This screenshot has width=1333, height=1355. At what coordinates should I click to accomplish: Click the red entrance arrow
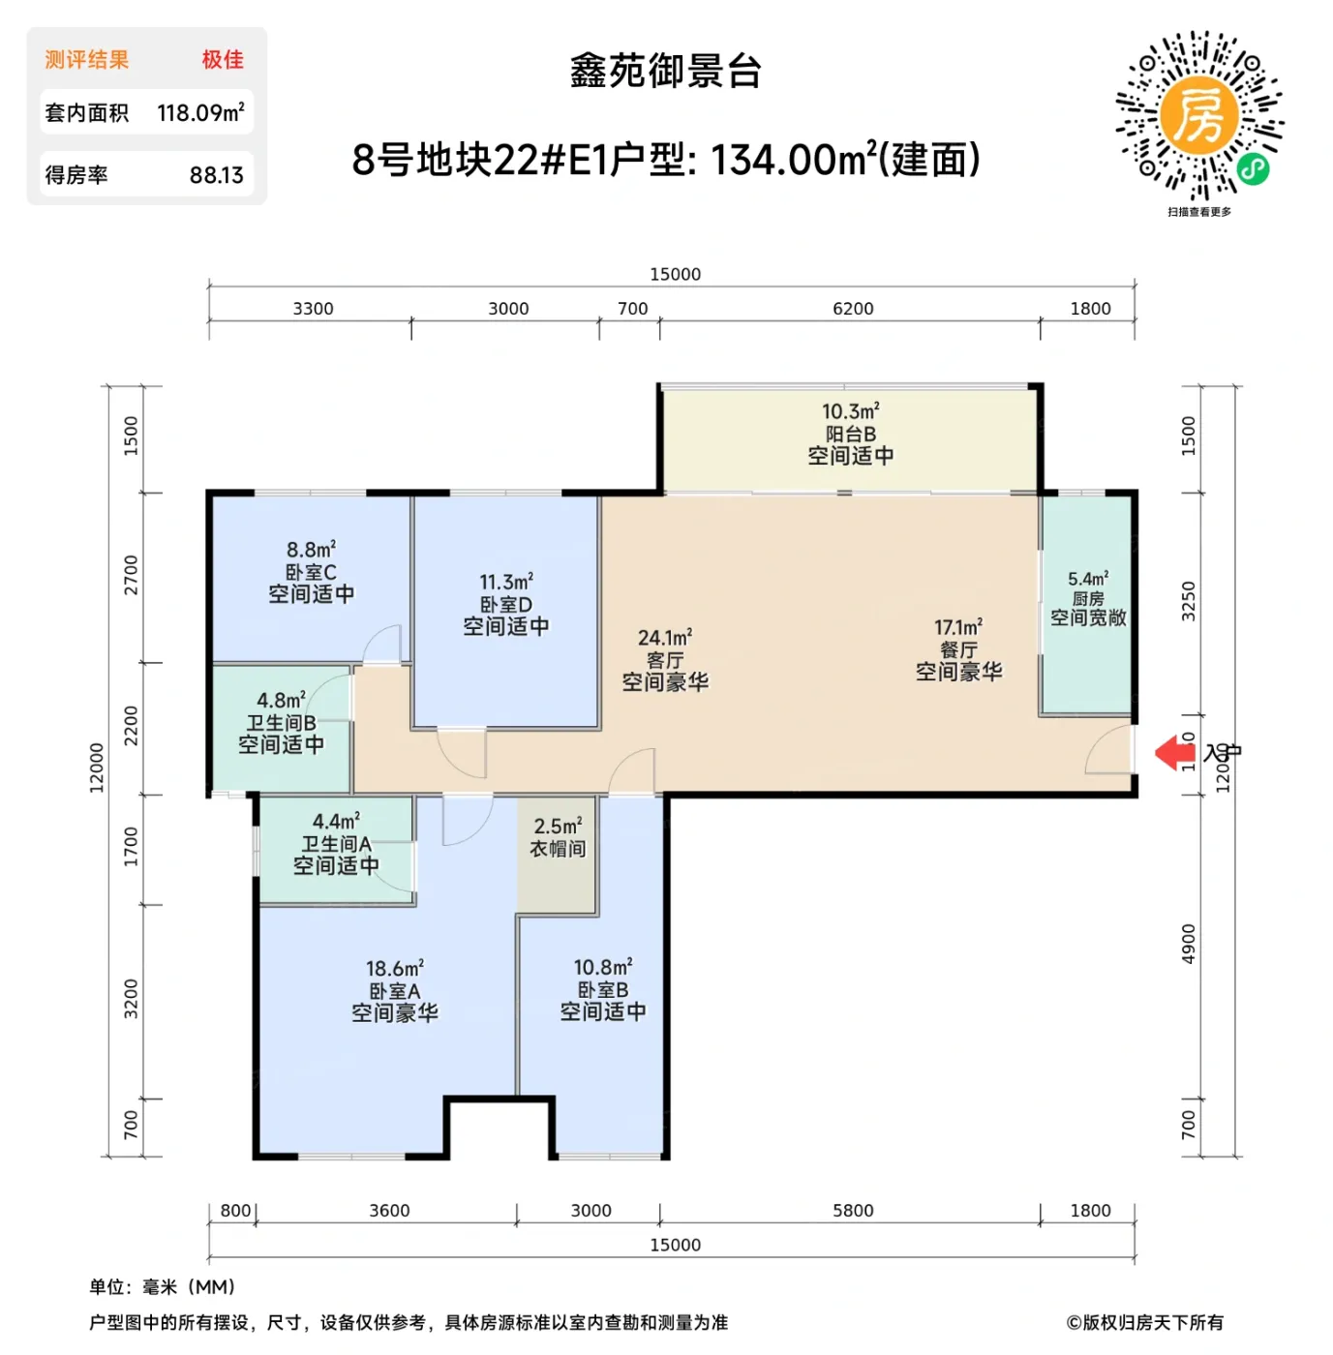click(x=1174, y=752)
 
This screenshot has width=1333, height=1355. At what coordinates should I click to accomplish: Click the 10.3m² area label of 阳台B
click(x=850, y=412)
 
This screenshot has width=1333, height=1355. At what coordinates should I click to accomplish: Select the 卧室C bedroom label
click(x=311, y=572)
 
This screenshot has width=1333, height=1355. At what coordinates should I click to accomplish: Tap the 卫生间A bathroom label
click(x=336, y=844)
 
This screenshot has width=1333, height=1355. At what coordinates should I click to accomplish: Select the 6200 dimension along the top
click(x=853, y=309)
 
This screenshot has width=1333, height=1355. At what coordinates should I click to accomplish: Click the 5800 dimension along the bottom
click(x=853, y=1211)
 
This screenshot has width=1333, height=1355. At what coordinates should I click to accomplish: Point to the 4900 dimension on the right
click(x=1189, y=944)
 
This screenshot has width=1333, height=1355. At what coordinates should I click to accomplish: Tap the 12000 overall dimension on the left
click(x=97, y=768)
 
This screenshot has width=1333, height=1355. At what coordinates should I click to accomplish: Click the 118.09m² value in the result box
click(x=200, y=113)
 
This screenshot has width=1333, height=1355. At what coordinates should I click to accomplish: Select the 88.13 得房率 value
click(x=216, y=175)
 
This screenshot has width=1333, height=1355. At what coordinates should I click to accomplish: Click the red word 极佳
click(x=223, y=60)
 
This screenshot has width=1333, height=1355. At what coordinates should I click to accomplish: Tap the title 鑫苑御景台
click(x=666, y=72)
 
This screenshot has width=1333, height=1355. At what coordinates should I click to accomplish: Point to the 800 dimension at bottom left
click(x=235, y=1211)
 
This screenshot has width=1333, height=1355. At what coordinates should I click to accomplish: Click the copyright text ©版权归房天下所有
click(x=1144, y=1323)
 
